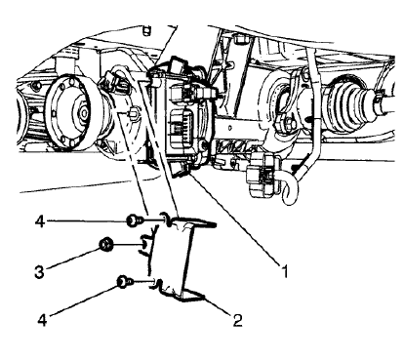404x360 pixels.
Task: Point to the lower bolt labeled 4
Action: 124,282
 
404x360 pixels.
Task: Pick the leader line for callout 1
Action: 234,223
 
